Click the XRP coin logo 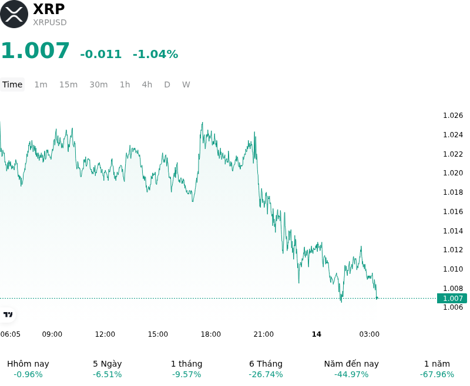point(14,14)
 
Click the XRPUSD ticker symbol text point(50,22)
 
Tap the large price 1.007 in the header point(35,50)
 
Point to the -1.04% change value point(155,54)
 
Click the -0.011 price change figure point(100,54)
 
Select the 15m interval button point(68,84)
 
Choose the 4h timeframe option point(147,84)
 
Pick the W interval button point(186,84)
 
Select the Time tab point(12,84)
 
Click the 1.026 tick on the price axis point(453,116)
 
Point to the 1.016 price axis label point(453,212)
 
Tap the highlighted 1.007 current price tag point(452,299)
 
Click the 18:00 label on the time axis point(211,334)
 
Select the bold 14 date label point(317,334)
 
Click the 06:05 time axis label point(11,334)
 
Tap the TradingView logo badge point(8,314)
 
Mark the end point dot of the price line point(377,298)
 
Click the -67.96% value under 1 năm point(437,374)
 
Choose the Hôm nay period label point(28,364)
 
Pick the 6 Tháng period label point(266,364)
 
